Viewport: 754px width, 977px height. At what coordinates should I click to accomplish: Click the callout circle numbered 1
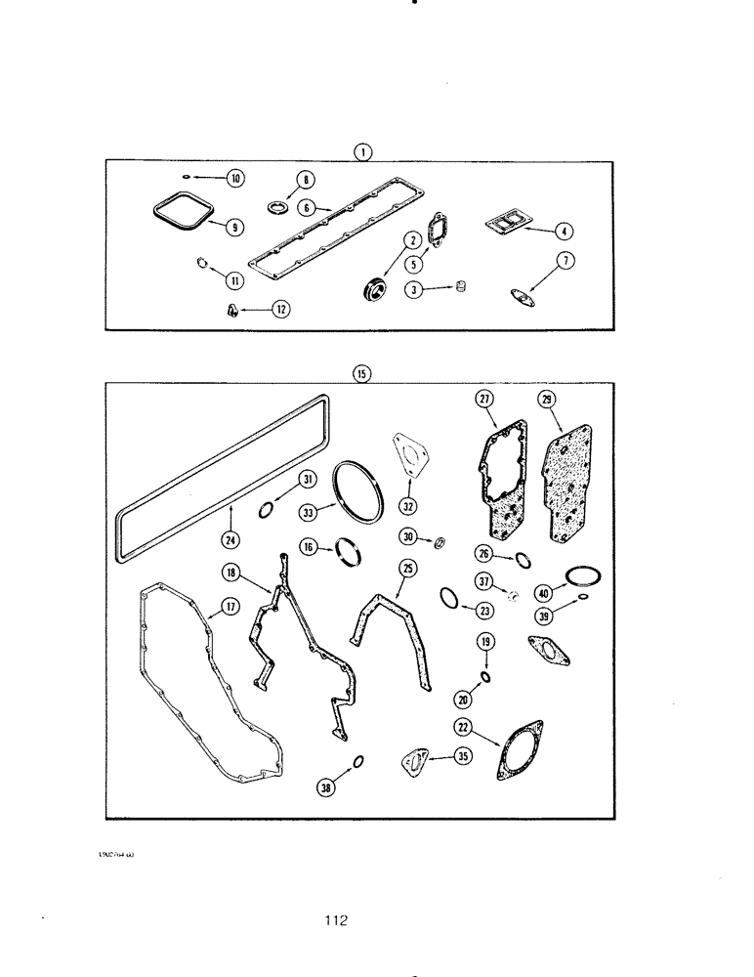[362, 151]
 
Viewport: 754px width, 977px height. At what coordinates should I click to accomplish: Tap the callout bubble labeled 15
[362, 373]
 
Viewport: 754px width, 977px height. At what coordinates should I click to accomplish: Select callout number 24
[232, 537]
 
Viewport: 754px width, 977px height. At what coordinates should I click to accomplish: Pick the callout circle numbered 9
[235, 227]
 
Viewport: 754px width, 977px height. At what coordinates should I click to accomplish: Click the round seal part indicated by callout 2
[372, 288]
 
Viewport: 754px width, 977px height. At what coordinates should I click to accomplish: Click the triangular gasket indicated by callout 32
[411, 457]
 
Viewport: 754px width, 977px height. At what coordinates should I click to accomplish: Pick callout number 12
[279, 309]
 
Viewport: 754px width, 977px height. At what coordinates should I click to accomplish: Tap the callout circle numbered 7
[565, 260]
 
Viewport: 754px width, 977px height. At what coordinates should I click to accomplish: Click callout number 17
[230, 607]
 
